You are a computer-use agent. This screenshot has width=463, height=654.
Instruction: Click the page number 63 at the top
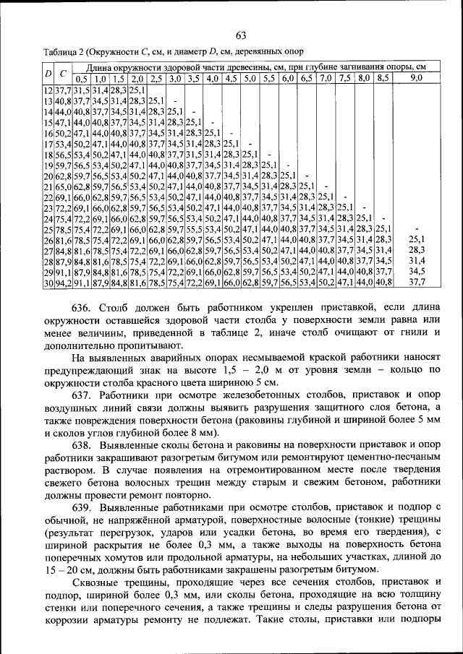click(x=241, y=36)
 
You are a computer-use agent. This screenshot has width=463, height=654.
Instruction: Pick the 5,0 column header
click(x=250, y=77)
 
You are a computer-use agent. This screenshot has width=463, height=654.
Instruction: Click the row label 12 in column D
click(x=48, y=90)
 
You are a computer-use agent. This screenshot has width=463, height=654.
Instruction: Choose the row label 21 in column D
click(x=48, y=186)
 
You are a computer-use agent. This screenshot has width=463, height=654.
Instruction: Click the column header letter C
click(x=63, y=72)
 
